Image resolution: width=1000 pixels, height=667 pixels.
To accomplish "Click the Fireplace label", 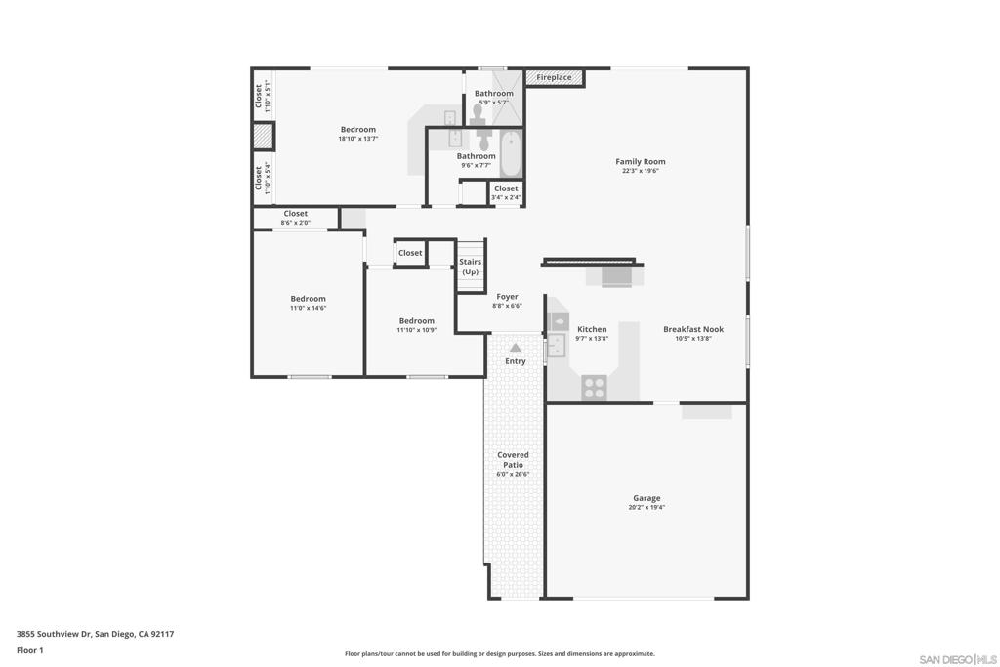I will click(x=554, y=77).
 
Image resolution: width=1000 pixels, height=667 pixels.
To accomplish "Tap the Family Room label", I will click(x=641, y=162).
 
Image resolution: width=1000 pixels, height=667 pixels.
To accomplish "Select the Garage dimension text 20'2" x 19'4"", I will click(x=646, y=508).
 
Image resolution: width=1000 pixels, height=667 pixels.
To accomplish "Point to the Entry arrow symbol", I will click(x=516, y=347).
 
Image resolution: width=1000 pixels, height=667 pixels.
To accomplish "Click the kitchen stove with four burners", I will click(x=594, y=388).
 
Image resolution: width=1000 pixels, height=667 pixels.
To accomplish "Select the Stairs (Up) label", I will click(x=471, y=267).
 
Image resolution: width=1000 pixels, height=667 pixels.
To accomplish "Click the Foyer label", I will click(x=507, y=297).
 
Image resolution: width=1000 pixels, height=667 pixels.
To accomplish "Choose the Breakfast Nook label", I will click(x=693, y=330).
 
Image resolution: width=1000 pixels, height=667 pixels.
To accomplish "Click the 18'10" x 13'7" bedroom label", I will click(x=357, y=130).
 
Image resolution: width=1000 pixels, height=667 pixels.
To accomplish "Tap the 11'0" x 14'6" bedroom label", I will click(x=308, y=299).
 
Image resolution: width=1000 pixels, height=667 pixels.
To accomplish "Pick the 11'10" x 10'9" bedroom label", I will click(x=416, y=321).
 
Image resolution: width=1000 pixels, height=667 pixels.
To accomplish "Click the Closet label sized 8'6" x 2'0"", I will click(x=296, y=214).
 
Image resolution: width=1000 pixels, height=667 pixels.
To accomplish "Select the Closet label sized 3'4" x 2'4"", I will click(x=506, y=188).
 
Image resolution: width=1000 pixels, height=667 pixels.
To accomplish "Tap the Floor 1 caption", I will click(x=30, y=650).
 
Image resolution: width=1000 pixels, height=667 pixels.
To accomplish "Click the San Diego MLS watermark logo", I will click(x=958, y=659).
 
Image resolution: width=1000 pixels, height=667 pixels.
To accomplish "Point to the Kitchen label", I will click(x=592, y=330).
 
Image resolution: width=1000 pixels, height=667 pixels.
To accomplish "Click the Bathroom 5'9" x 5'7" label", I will click(x=493, y=94).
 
